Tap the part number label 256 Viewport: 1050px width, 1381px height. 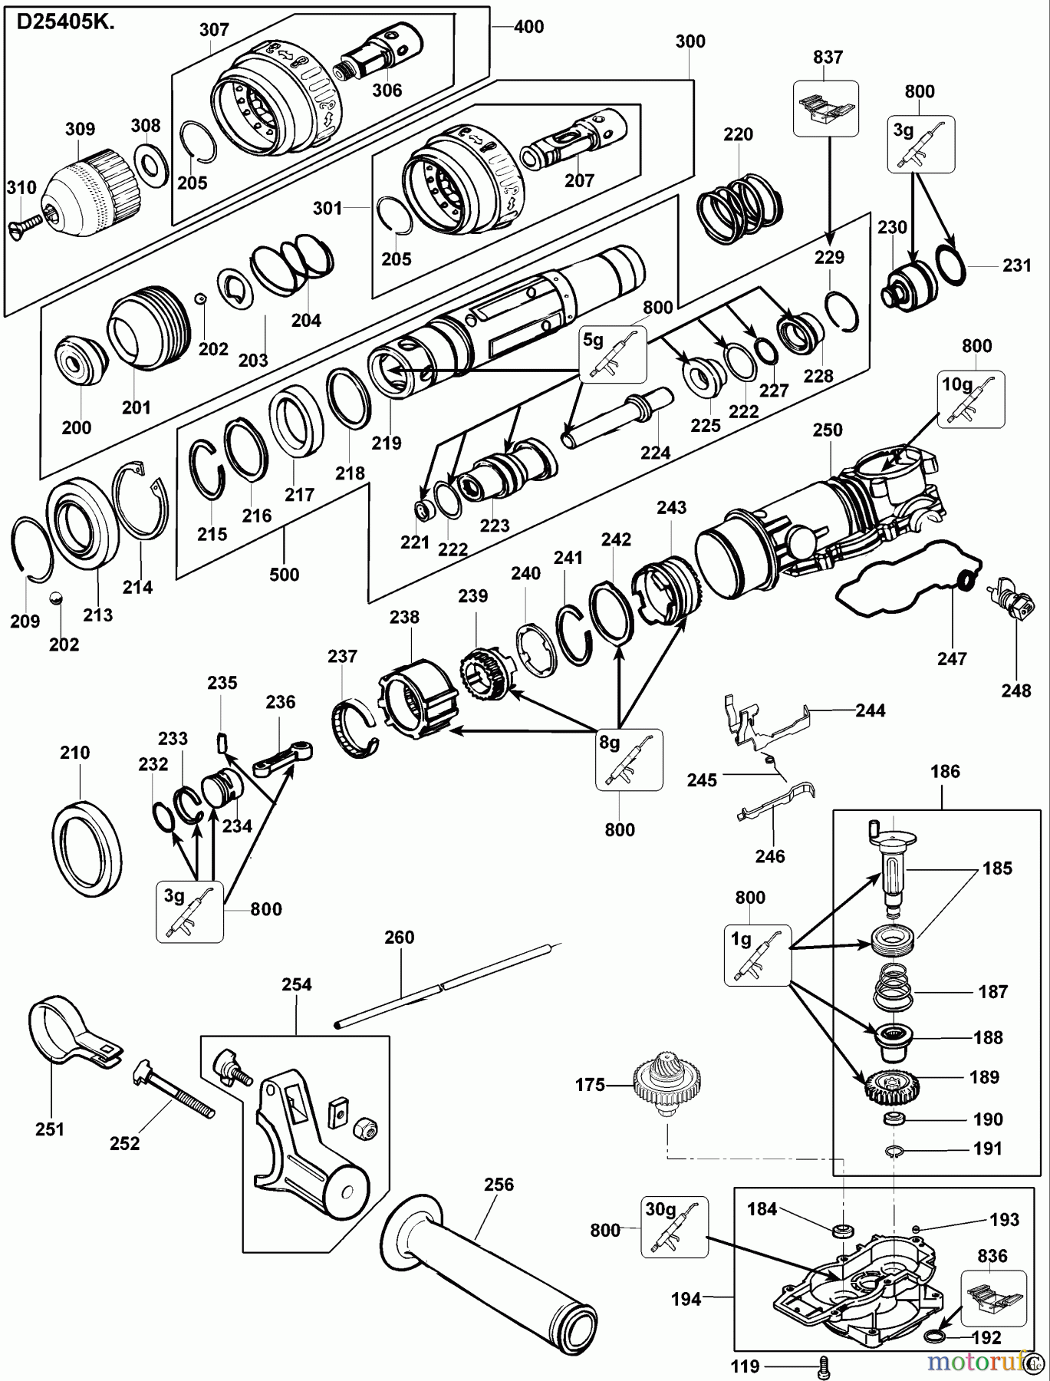point(498,1185)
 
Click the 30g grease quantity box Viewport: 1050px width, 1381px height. point(674,1229)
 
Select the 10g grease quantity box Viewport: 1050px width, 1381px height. point(970,399)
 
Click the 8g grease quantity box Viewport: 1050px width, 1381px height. point(629,759)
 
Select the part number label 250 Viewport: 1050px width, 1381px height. point(828,430)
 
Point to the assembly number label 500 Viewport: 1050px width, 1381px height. point(284,575)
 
